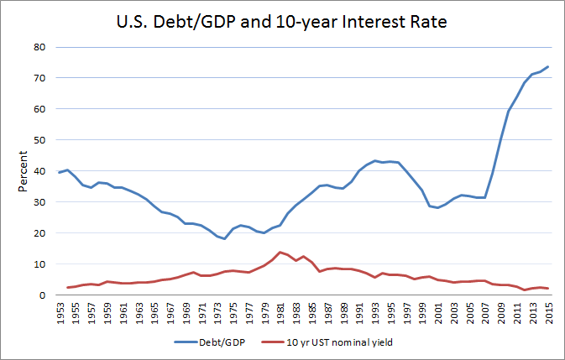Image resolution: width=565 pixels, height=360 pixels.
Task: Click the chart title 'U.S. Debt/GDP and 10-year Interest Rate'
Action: tap(281, 20)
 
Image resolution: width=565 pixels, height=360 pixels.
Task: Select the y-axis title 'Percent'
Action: tap(22, 170)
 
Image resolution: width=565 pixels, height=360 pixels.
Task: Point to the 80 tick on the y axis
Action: tap(38, 47)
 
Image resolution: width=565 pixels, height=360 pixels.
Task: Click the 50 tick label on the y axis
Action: tap(38, 140)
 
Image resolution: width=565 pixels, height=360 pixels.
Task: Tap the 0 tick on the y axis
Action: tap(40, 295)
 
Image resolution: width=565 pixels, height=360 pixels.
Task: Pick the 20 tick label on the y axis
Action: tap(38, 233)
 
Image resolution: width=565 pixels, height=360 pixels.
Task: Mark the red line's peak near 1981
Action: tap(280, 252)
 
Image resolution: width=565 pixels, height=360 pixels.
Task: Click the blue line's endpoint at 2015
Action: tap(548, 66)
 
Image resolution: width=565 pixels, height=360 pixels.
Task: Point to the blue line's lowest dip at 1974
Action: tap(225, 239)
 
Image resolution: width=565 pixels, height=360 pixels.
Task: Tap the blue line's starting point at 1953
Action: tap(59, 172)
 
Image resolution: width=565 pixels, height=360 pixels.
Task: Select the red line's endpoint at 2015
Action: tap(548, 289)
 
